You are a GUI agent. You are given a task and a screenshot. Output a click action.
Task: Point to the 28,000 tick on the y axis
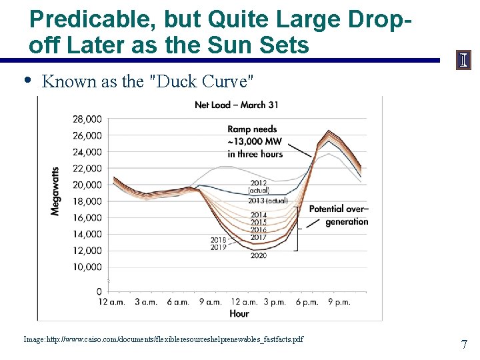87,119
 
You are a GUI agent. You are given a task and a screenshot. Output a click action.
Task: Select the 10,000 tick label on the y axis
87,267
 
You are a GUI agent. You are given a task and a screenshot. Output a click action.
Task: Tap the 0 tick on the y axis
98,292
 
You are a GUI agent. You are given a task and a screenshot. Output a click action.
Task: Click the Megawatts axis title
55,191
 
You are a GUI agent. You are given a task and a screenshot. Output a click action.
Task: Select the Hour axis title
239,313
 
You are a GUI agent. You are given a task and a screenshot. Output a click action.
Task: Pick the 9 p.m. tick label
339,302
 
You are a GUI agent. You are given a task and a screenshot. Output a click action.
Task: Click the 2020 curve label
259,255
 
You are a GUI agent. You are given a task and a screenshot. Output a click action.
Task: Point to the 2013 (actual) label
268,201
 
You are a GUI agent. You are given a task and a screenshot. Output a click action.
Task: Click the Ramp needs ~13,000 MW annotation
255,141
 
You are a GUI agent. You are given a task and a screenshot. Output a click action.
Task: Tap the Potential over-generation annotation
339,215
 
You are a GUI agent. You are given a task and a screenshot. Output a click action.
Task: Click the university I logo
463,60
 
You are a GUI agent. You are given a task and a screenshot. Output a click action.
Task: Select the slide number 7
464,345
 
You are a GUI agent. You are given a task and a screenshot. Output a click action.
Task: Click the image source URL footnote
163,339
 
